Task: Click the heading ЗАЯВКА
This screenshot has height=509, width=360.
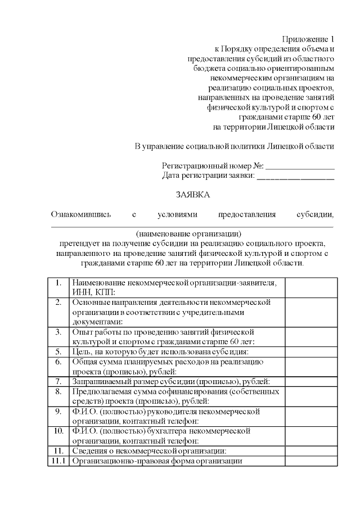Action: click(192, 195)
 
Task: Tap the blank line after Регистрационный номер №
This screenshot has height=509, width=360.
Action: click(300, 166)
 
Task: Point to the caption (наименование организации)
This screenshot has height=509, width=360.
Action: click(188, 233)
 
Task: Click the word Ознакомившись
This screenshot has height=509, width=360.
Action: click(81, 214)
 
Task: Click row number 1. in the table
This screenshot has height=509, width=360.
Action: click(58, 282)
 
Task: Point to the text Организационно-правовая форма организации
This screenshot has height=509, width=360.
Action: click(157, 461)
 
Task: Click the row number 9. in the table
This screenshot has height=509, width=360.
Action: click(58, 411)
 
